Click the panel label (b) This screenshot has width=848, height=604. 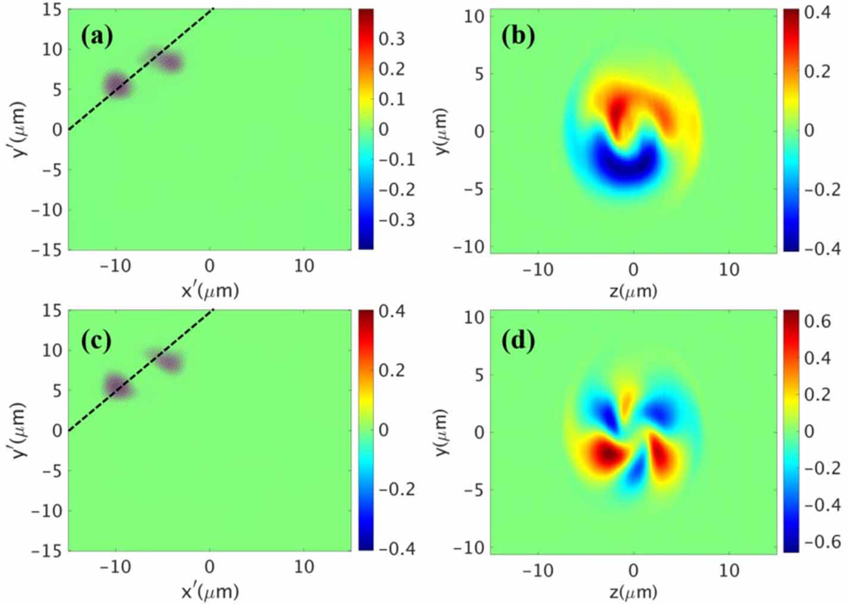518,36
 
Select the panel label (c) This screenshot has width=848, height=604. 96,340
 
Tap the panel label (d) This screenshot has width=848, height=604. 518,340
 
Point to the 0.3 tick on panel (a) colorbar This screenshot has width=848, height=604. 392,39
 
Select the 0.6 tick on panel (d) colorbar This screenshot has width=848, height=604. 817,321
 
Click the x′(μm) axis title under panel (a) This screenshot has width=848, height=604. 209,290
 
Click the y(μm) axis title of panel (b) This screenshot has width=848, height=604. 442,131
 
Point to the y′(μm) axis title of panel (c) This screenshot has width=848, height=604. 19,431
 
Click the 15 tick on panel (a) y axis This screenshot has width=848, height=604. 52,10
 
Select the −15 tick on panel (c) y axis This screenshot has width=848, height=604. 48,550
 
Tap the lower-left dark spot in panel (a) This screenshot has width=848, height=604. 117,85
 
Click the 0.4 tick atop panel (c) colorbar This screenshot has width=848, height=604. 392,311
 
